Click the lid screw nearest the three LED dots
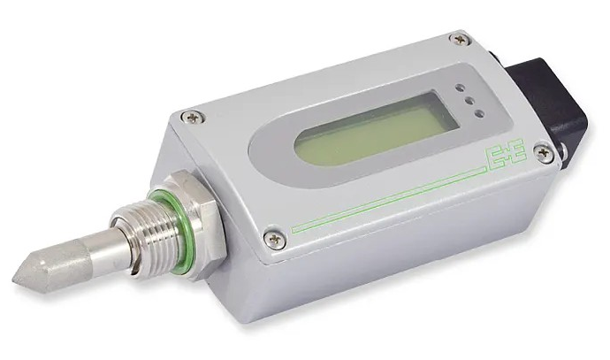[x=460, y=39]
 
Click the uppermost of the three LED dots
[x=461, y=88]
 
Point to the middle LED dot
[x=470, y=101]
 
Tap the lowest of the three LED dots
[x=480, y=114]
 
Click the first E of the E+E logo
[x=494, y=158]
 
